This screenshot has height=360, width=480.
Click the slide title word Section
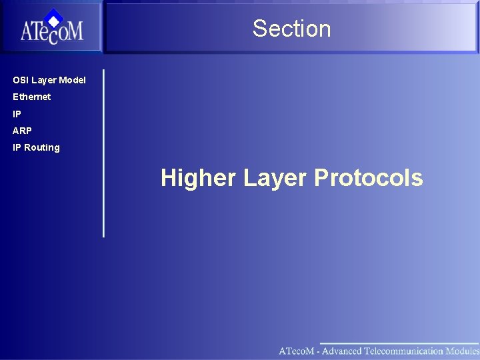pyautogui.click(x=291, y=29)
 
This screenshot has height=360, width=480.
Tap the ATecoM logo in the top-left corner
pyautogui.click(x=51, y=28)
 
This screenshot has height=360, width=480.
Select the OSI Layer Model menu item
pyautogui.click(x=49, y=80)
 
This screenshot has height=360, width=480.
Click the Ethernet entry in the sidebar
pyautogui.click(x=32, y=97)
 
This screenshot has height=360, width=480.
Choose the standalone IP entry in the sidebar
pyautogui.click(x=17, y=114)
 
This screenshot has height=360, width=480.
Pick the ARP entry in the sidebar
pyautogui.click(x=22, y=131)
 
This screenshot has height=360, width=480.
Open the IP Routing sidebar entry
pyautogui.click(x=36, y=147)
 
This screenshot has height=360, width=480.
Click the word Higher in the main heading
pyautogui.click(x=198, y=178)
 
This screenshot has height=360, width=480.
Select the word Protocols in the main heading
pyautogui.click(x=368, y=178)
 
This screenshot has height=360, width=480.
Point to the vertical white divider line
pyautogui.click(x=103, y=153)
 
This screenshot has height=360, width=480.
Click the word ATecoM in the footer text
pyautogui.click(x=296, y=351)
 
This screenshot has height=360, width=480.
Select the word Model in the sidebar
pyautogui.click(x=73, y=80)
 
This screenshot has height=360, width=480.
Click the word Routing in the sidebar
pyautogui.click(x=42, y=147)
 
